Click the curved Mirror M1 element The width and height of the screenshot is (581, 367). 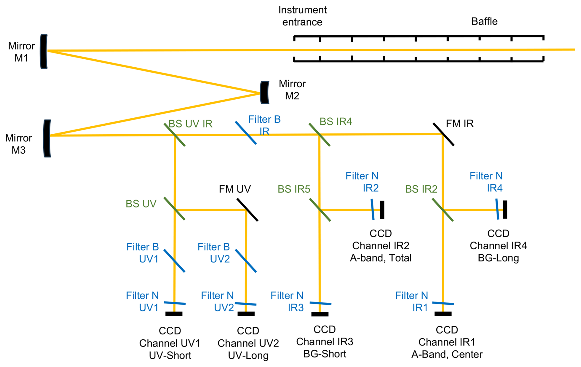pyautogui.click(x=44, y=51)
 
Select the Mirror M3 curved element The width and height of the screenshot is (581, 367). pyautogui.click(x=47, y=138)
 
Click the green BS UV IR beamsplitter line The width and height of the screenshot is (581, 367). pyautogui.click(x=174, y=135)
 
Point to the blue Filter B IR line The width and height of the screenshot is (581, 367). pyautogui.click(x=246, y=133)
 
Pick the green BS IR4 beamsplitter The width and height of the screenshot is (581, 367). pyautogui.click(x=319, y=135)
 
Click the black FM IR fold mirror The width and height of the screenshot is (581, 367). pyautogui.click(x=443, y=134)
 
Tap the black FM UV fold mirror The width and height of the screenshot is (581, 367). pyautogui.click(x=247, y=210)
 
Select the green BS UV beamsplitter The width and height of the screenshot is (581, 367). pyautogui.click(x=174, y=209)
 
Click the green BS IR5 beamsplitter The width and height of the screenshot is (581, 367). pyautogui.click(x=320, y=210)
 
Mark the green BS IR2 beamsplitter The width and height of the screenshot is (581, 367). pyautogui.click(x=443, y=210)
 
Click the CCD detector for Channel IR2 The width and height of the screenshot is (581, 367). pyautogui.click(x=382, y=210)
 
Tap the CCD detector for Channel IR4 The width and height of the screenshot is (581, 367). pyautogui.click(x=505, y=210)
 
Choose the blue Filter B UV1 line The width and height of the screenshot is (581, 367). pyautogui.click(x=174, y=261)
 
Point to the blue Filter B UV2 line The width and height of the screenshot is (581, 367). pyautogui.click(x=246, y=261)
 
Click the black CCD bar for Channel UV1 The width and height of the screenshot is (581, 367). pyautogui.click(x=174, y=314)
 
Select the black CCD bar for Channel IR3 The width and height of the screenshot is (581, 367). pyautogui.click(x=320, y=314)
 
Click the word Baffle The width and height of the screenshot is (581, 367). pyautogui.click(x=484, y=21)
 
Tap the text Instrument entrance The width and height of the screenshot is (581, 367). pyautogui.click(x=302, y=16)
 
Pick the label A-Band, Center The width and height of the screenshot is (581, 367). pyautogui.click(x=447, y=354)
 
